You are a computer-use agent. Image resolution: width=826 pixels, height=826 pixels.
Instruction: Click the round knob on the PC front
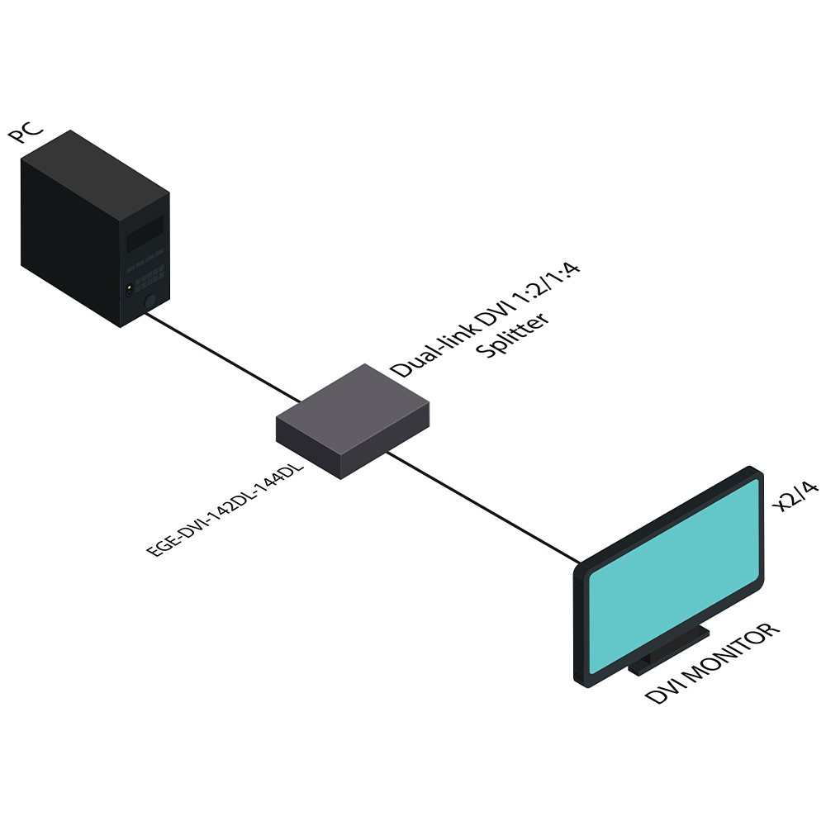click(x=150, y=301)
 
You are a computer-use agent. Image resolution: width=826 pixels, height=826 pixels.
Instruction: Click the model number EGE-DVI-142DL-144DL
click(x=225, y=510)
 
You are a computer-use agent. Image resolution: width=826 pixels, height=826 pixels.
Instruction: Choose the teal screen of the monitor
click(x=672, y=578)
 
